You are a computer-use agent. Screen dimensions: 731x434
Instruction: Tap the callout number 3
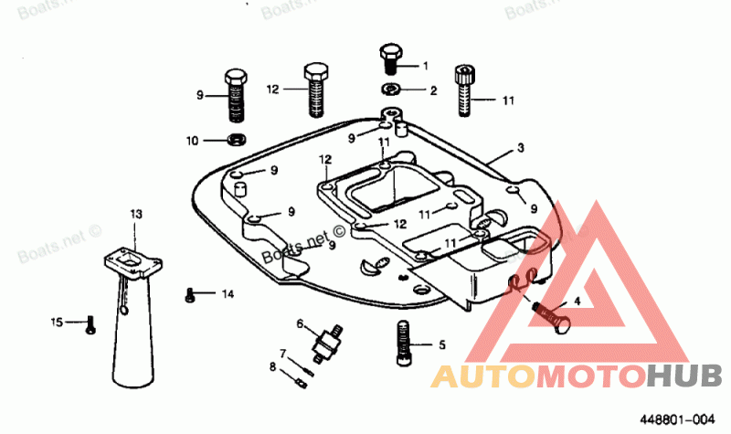coord(520,147)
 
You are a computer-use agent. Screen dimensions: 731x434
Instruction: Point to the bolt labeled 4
coord(552,317)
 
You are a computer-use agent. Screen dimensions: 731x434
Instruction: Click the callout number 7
coord(283,353)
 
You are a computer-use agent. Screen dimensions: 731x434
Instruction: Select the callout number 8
coord(272,366)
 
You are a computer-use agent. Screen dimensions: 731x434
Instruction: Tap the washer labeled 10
coord(236,140)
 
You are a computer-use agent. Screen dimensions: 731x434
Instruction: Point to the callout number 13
coord(136,213)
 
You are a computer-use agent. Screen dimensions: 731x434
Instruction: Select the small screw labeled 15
coord(90,323)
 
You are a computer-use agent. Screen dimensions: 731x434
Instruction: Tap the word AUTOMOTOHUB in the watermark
coord(576,376)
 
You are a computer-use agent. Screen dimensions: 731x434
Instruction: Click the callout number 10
coord(192,141)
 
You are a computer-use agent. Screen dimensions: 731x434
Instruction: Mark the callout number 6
coord(300,323)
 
